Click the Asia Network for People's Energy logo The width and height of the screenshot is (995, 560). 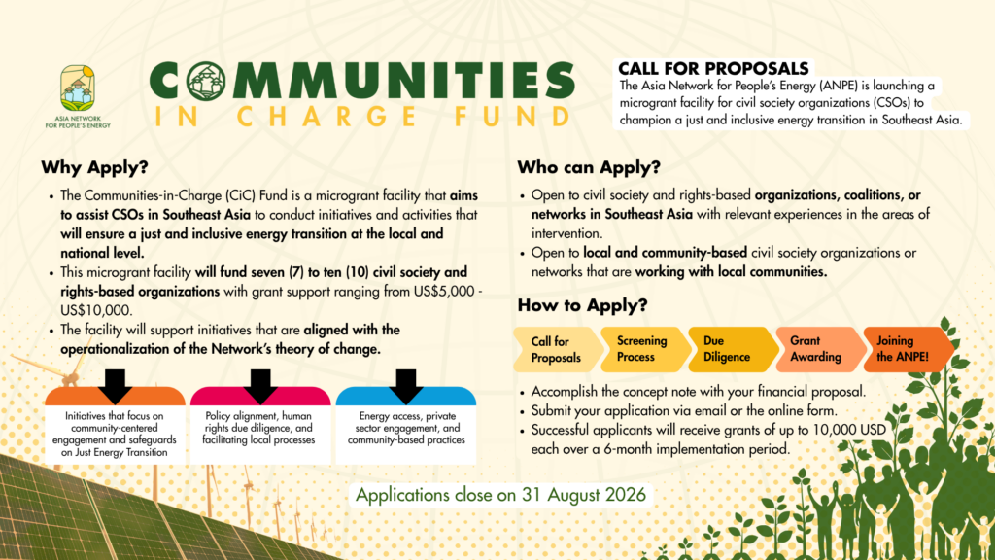point(78,96)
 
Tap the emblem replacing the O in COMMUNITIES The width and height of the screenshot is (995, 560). point(206,82)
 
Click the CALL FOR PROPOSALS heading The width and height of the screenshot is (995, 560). point(713,69)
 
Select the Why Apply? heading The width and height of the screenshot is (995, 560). point(94,167)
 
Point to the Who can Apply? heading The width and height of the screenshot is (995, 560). point(589,167)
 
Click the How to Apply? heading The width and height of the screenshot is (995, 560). point(583,305)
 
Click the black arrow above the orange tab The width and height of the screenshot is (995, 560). point(116,386)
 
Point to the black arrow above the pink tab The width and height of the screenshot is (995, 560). point(260,386)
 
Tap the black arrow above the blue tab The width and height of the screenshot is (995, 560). point(405,386)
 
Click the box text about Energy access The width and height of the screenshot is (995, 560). point(406,428)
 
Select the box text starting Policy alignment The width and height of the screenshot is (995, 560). point(260,428)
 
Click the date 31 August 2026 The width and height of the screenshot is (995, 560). point(584,495)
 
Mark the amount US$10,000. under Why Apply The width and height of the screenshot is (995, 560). point(96,310)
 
